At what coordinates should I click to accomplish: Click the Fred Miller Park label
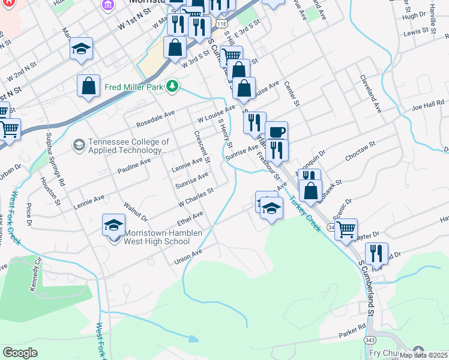tap(134, 87)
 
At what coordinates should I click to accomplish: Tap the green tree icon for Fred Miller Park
tap(173, 87)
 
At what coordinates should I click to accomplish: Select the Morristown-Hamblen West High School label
tap(162, 237)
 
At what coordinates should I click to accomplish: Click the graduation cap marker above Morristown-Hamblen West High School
tap(113, 226)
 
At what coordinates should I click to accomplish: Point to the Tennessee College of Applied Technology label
tap(128, 146)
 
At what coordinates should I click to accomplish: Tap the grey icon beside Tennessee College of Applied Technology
tap(79, 145)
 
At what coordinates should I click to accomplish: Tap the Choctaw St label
tap(360, 152)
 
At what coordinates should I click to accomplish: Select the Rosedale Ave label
tap(155, 117)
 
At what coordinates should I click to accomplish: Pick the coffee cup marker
tap(276, 132)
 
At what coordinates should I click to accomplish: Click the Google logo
tap(20, 352)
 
